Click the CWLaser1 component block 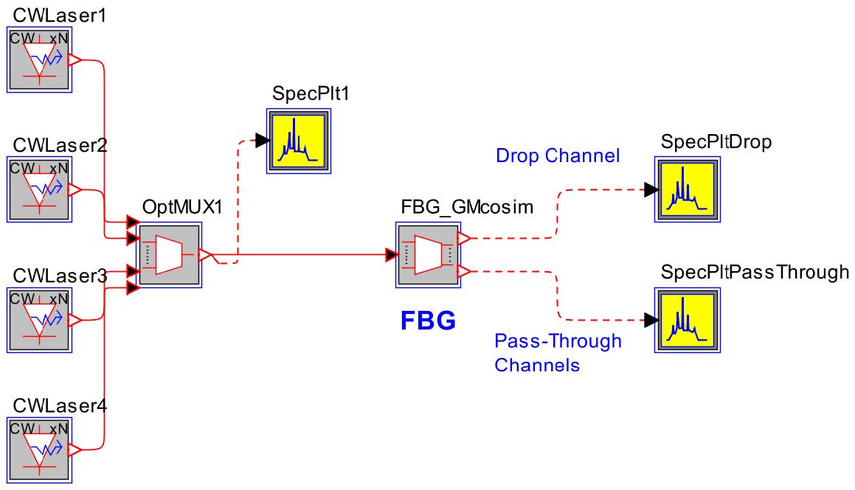pos(38,60)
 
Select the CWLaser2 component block pos(38,189)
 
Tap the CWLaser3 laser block pos(38,319)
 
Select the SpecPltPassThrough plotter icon pos(687,319)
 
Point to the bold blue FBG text pos(428,321)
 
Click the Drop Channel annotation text pos(556,156)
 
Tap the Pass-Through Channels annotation pos(558,352)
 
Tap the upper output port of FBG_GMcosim pos(464,238)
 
